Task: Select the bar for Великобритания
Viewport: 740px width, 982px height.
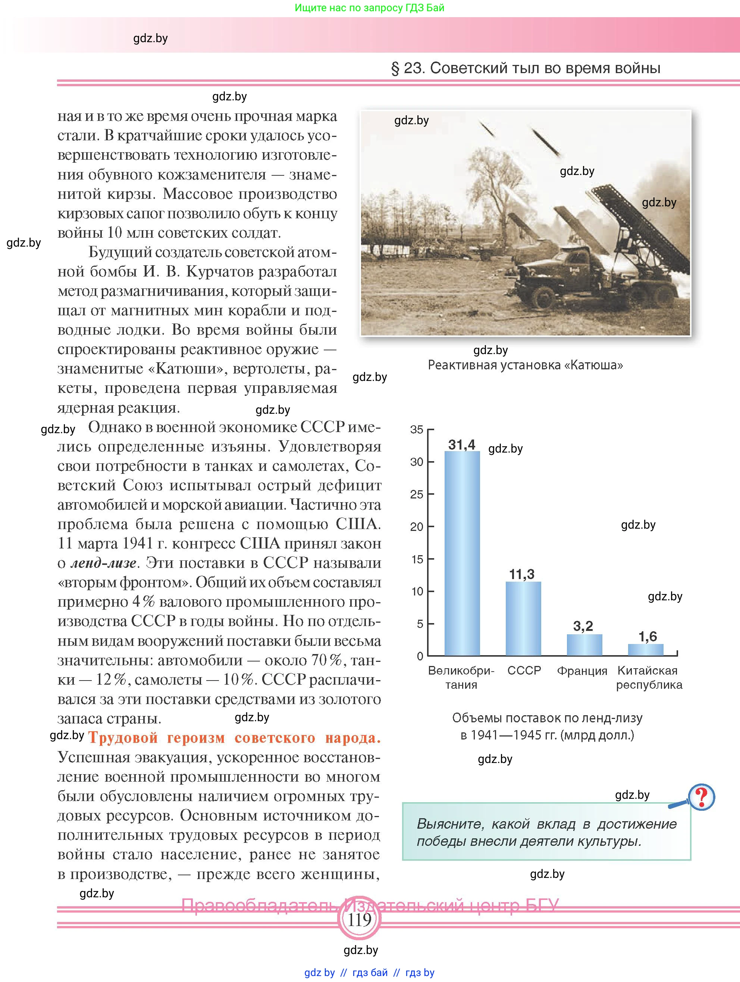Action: coord(462,553)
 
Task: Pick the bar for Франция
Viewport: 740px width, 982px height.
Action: coord(584,645)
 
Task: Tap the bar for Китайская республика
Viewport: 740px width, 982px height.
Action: coord(645,650)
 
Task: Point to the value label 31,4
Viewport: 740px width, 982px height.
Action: coord(462,444)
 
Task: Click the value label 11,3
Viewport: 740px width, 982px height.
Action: coord(522,575)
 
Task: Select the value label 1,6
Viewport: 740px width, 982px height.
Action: coord(647,637)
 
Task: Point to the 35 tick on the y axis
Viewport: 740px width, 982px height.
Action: coord(417,429)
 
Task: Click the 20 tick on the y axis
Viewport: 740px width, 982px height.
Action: coord(417,526)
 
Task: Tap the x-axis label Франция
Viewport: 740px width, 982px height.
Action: coord(582,671)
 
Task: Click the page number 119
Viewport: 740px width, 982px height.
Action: coord(359,919)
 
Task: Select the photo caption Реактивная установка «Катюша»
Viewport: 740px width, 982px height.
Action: coord(525,365)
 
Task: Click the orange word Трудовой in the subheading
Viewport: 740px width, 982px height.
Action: coord(123,738)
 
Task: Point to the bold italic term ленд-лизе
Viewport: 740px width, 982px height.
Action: coord(103,563)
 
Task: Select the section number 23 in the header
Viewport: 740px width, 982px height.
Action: coord(413,68)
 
